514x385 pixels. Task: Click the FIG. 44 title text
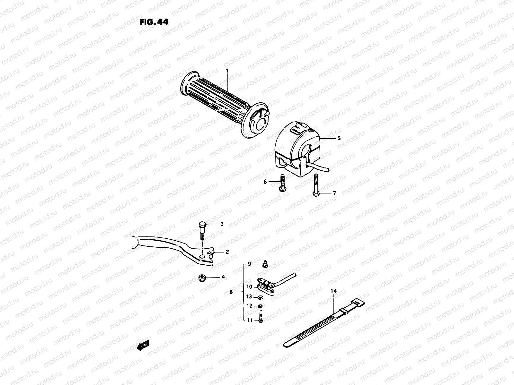(x=154, y=22)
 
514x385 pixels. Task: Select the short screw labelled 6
(x=282, y=183)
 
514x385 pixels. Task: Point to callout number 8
(x=231, y=292)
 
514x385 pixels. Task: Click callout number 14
(x=334, y=291)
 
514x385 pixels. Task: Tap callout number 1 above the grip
(x=227, y=70)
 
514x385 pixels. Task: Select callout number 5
(x=339, y=138)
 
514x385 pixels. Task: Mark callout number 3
(x=222, y=224)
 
